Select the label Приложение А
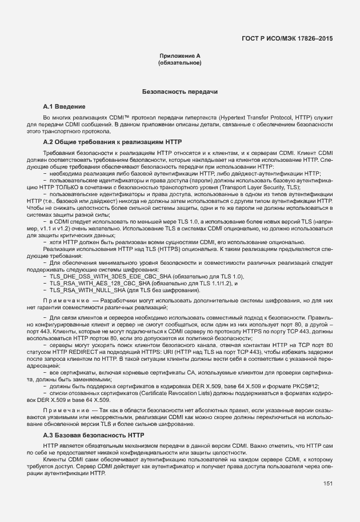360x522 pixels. (179, 56)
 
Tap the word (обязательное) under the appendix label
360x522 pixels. (179, 63)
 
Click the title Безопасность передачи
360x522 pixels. (179, 91)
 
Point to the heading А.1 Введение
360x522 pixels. (65, 107)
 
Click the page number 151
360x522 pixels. (327, 484)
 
